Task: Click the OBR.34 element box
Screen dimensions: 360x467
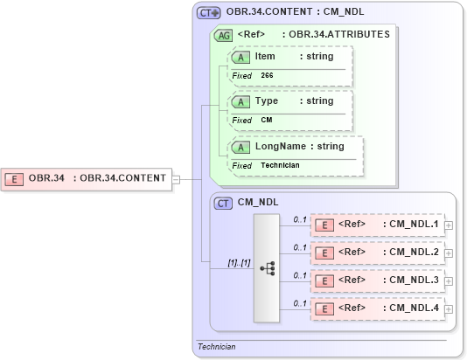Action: pyautogui.click(x=87, y=178)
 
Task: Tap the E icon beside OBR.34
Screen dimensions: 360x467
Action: pyautogui.click(x=15, y=178)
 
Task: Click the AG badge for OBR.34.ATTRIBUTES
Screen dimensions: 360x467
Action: pyautogui.click(x=224, y=36)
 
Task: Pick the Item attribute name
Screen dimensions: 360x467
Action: pyautogui.click(x=265, y=57)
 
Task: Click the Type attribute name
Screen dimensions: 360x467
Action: pyautogui.click(x=266, y=101)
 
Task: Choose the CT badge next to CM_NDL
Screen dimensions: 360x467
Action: pyautogui.click(x=224, y=203)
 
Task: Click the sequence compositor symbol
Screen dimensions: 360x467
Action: pyautogui.click(x=268, y=267)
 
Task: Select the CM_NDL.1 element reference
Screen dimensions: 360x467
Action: pyautogui.click(x=377, y=224)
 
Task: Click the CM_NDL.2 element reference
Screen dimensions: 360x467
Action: pyautogui.click(x=377, y=252)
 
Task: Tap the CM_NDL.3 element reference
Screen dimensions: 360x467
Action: pyautogui.click(x=377, y=280)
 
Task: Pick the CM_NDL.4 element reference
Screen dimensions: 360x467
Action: pyautogui.click(x=377, y=308)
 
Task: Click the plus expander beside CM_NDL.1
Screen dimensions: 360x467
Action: pyautogui.click(x=449, y=225)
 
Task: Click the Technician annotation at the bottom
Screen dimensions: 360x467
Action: pyautogui.click(x=216, y=346)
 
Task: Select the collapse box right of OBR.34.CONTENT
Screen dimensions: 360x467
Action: pyautogui.click(x=176, y=179)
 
